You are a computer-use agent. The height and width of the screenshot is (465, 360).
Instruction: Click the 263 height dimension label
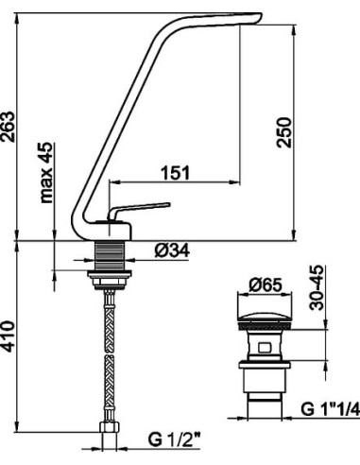coord(8,127)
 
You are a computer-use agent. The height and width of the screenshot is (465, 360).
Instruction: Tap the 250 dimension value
coord(283,132)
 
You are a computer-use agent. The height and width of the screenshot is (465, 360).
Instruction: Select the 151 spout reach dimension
coord(176,173)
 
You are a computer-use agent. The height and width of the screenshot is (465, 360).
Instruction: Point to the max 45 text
coord(46,172)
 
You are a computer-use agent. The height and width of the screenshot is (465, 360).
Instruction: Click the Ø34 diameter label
coord(172,251)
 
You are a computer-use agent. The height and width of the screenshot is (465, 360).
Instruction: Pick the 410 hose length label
coord(8,336)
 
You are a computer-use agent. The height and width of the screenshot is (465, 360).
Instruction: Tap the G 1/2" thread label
coord(174,439)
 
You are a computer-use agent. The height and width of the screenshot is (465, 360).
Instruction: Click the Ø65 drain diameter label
coord(265,285)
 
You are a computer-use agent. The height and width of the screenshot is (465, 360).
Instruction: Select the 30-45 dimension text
coord(317,288)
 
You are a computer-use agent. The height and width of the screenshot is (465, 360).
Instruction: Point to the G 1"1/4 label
coord(330,409)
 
